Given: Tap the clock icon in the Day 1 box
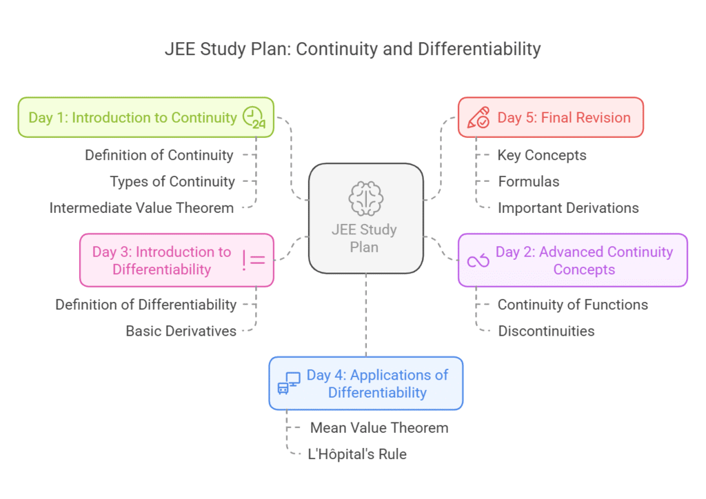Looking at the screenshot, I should click(x=254, y=118).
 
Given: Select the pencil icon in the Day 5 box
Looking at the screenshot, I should click(x=478, y=118).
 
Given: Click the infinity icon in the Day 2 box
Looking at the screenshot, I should click(x=478, y=261).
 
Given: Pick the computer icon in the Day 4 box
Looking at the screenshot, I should click(x=289, y=383).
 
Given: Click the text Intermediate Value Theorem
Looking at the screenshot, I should click(x=141, y=207).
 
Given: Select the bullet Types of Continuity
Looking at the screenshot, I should click(x=172, y=181).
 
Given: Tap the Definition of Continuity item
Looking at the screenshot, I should click(x=159, y=155).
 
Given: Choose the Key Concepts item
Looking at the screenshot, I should click(x=542, y=155).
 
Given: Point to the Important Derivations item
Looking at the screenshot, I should click(x=568, y=207).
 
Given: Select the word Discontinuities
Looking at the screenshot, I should click(x=546, y=331).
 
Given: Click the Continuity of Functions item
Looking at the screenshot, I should click(x=573, y=305).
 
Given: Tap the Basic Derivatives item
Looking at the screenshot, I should click(x=181, y=331).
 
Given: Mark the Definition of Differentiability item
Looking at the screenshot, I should click(x=145, y=305).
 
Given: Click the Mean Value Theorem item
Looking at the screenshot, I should click(x=379, y=427).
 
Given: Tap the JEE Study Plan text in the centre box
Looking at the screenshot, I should click(x=365, y=238).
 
